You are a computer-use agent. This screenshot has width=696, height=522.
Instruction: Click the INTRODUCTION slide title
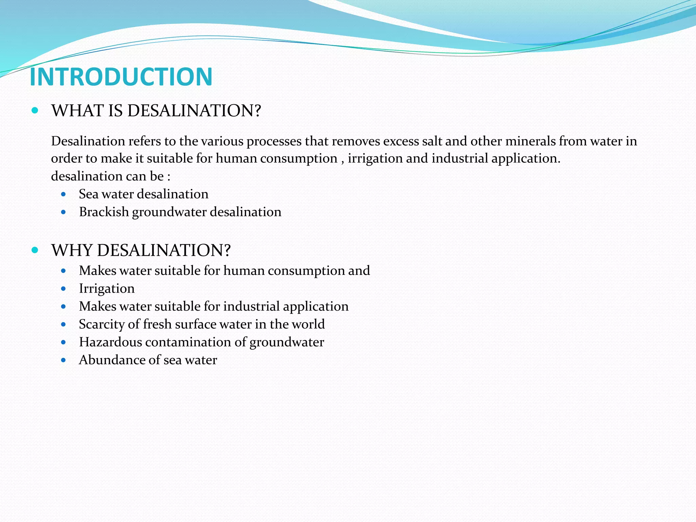121,77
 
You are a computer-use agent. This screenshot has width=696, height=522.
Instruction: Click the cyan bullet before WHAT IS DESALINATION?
35,110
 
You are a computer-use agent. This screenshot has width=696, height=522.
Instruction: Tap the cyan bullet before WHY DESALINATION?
35,250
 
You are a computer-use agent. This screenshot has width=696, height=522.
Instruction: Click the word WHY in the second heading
72,250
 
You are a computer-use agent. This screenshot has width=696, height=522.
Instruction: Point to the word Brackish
104,212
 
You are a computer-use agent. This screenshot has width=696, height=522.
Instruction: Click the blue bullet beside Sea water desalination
63,194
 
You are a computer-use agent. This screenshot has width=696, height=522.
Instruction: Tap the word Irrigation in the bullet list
107,289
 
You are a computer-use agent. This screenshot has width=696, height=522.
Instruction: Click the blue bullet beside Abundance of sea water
63,360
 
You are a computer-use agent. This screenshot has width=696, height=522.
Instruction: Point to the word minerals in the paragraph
530,141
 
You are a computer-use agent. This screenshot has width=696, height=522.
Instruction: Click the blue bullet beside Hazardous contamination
63,342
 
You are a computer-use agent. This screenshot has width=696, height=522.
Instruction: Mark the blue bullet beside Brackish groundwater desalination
63,212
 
